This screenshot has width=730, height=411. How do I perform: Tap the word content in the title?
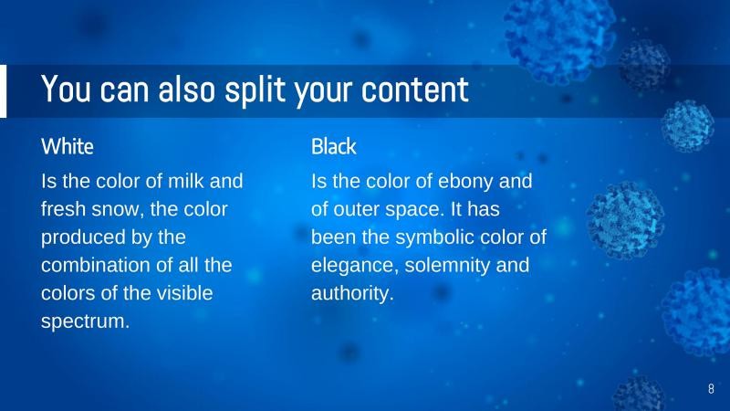click(414, 90)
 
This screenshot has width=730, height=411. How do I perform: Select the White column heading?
click(68, 146)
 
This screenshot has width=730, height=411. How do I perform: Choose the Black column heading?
click(334, 146)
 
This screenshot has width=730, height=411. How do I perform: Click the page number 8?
click(711, 389)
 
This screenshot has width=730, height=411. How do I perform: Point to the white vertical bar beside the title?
click(3, 91)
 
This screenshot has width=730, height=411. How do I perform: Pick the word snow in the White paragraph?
click(120, 209)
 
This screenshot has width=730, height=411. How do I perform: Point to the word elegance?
click(351, 266)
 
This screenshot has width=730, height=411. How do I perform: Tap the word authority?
click(351, 294)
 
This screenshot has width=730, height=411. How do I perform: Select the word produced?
click(81, 237)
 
